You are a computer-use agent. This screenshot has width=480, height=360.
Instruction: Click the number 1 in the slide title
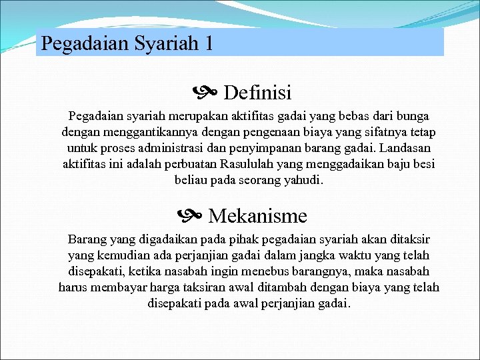point(209,44)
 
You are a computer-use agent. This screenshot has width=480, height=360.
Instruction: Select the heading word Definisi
point(257,93)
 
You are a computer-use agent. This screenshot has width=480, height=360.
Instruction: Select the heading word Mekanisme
point(257,216)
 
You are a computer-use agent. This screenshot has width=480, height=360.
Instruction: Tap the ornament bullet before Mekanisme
point(189,216)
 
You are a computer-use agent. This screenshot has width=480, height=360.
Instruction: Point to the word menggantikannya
point(131,132)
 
